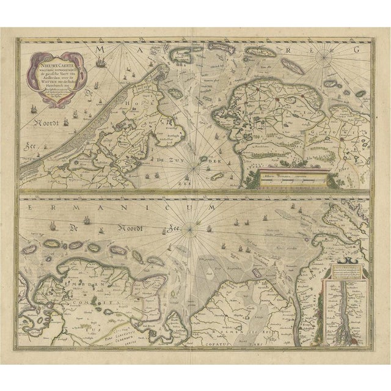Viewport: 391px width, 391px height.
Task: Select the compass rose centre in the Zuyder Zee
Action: click(197, 162)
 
